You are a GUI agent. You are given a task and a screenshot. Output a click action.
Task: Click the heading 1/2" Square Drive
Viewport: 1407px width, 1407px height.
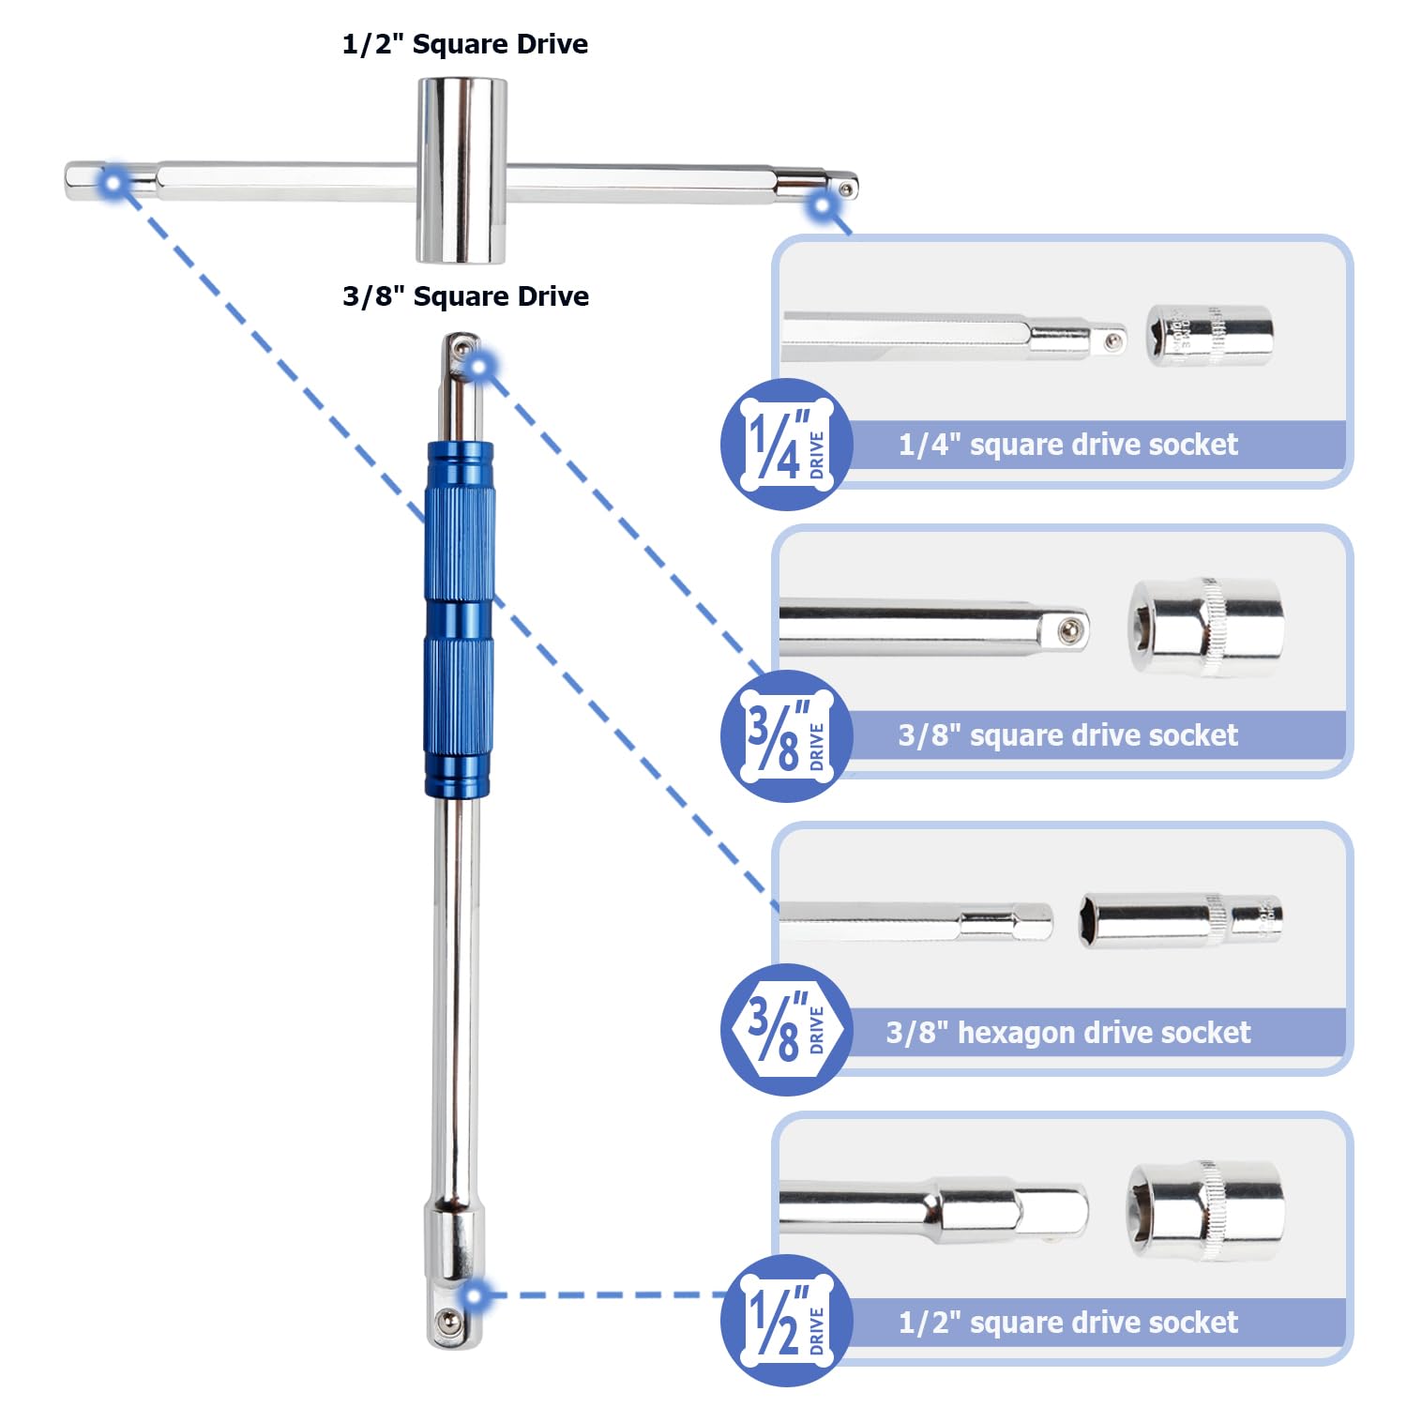point(465,44)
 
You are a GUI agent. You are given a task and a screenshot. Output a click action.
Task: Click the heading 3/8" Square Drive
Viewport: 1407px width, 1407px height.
point(465,296)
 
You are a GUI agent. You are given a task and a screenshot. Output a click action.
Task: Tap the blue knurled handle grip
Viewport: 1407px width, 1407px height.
point(459,619)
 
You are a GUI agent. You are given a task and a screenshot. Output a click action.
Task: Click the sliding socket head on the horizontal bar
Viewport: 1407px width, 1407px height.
point(461,170)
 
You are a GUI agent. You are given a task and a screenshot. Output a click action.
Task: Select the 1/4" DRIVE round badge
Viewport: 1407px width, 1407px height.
point(786,445)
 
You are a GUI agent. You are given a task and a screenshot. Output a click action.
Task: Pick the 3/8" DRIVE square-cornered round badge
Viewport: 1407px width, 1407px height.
point(786,736)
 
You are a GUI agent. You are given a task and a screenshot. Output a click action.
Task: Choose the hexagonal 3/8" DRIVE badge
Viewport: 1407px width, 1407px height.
point(786,1029)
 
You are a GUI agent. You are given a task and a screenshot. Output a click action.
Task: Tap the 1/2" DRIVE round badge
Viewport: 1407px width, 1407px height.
point(786,1321)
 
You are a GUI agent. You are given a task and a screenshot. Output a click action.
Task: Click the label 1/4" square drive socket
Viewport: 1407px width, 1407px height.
point(1067,445)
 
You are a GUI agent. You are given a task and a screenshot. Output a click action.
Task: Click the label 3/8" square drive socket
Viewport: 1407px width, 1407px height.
point(1067,735)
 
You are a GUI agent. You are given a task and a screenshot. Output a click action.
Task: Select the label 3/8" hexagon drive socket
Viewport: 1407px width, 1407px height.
point(1067,1033)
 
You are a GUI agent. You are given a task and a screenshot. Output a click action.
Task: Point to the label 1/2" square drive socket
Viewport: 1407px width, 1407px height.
point(1067,1323)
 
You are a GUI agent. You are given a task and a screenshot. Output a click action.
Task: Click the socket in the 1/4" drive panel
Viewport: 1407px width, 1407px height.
point(1210,335)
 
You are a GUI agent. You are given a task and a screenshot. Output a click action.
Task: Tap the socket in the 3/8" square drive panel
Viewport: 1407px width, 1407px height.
point(1206,627)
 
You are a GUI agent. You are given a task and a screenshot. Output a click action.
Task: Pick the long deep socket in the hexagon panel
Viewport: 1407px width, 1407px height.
point(1181,919)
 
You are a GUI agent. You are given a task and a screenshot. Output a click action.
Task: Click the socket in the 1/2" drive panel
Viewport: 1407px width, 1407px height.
point(1206,1211)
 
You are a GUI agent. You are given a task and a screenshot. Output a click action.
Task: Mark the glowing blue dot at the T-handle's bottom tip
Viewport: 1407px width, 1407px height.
point(475,1295)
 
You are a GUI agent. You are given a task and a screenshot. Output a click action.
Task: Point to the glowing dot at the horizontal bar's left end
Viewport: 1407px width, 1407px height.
point(114,183)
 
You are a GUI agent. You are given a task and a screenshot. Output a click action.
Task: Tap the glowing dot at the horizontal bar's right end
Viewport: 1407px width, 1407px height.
point(823,205)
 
